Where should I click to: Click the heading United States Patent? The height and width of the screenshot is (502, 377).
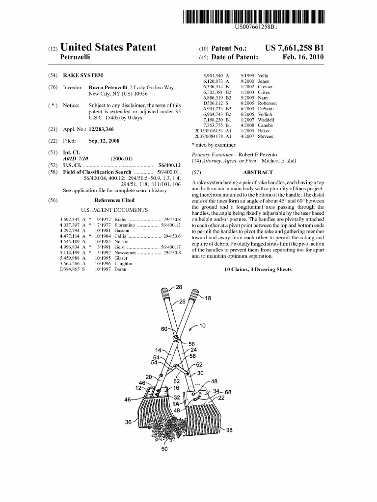(x=108, y=48)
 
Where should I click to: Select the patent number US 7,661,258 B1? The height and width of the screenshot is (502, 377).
(x=294, y=48)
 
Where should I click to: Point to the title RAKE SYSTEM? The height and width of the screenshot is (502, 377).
(x=83, y=75)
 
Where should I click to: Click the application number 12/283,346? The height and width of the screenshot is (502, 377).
(x=101, y=129)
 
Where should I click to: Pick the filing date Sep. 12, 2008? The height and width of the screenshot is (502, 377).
(x=104, y=141)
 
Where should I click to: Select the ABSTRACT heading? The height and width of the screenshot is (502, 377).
(x=257, y=172)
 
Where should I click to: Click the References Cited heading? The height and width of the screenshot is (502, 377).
(x=114, y=200)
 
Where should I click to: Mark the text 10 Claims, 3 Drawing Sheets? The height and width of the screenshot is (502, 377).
(x=257, y=269)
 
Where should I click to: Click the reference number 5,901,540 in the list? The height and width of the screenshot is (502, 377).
(x=213, y=75)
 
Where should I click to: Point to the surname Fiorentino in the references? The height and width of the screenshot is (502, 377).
(x=125, y=225)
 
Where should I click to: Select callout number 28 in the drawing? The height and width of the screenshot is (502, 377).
(x=179, y=287)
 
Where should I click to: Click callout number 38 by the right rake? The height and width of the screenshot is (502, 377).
(x=229, y=430)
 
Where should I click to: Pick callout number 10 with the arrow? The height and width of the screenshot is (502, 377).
(x=202, y=326)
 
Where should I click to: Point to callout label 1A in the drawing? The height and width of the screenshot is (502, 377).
(x=176, y=403)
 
